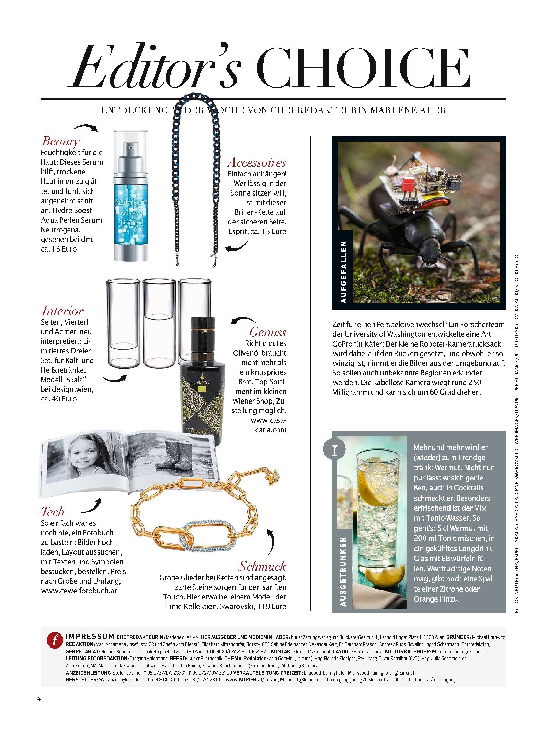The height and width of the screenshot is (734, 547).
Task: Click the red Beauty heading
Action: pos(60,141)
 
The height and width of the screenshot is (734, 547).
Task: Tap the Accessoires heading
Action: pos(257,162)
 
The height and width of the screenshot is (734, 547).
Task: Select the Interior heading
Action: pos(62,311)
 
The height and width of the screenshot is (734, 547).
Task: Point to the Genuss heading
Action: pos(267,332)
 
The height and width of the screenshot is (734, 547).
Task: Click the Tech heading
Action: pos(53,512)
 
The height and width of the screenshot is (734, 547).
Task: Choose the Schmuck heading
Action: pos(262,566)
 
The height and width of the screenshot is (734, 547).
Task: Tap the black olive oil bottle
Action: pos(202,381)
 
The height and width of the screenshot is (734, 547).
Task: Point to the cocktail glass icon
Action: pos(334,449)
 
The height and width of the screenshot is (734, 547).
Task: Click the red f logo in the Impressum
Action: pos(55,640)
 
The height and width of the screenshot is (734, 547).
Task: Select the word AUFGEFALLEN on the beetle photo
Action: pos(343,272)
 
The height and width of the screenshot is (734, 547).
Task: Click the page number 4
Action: pos(39,698)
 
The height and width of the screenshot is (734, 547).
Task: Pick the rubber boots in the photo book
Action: pos(175,454)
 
